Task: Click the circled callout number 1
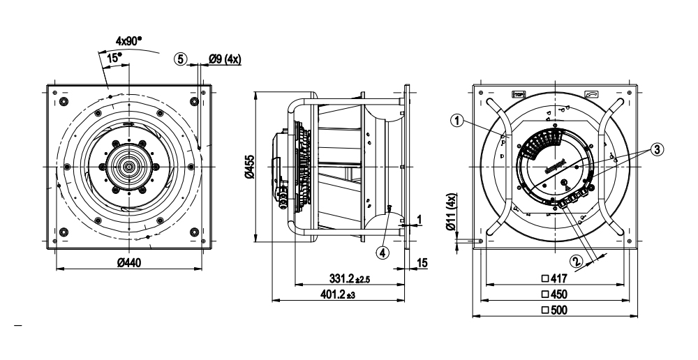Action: coord(456,121)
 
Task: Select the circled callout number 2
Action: coord(576,262)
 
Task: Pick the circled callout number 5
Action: coord(181,60)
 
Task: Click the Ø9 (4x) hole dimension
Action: coord(225,60)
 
